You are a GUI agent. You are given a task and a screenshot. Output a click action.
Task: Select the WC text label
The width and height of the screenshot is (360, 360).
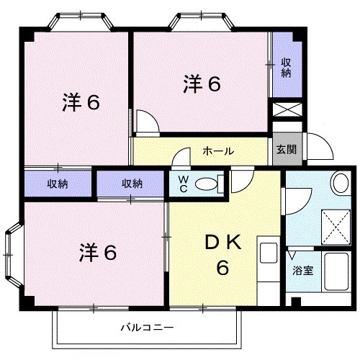coord(183,184)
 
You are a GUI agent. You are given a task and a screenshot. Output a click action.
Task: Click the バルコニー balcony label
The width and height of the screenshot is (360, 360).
coord(147,326)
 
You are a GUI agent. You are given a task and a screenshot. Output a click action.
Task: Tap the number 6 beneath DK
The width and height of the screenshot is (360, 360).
coord(223,269)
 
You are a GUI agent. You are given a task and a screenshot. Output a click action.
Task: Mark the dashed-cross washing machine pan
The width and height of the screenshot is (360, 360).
coord(333,224)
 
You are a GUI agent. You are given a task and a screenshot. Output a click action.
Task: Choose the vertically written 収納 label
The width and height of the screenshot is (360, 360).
coord(286,66)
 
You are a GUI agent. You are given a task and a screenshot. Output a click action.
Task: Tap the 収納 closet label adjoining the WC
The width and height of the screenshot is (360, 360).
coord(131,184)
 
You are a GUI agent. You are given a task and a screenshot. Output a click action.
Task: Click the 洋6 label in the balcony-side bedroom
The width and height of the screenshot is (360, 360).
coord(97,253)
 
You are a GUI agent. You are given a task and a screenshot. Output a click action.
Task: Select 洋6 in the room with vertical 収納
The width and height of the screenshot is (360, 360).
coord(201,84)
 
